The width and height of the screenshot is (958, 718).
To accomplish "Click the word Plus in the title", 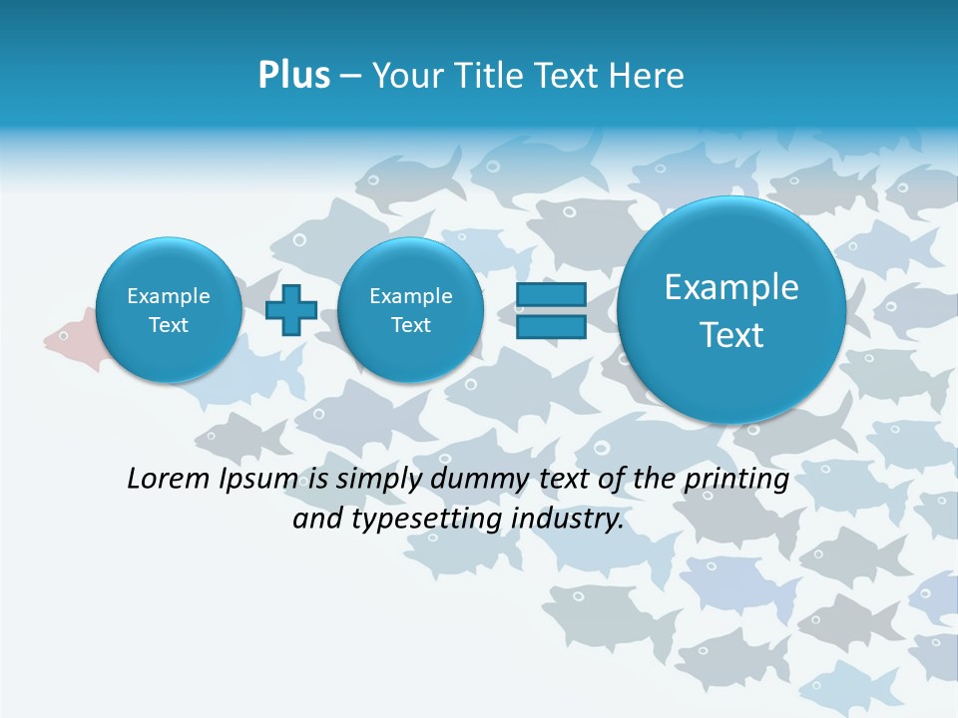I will pyautogui.click(x=293, y=75).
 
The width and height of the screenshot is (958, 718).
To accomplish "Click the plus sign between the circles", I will pyautogui.click(x=291, y=309).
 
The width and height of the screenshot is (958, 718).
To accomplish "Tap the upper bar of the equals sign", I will pyautogui.click(x=551, y=295).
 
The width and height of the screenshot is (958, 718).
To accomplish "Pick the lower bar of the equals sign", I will pyautogui.click(x=551, y=326).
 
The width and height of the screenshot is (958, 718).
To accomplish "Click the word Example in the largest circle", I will pyautogui.click(x=731, y=287).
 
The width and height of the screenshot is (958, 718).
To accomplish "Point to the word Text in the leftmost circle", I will pyautogui.click(x=168, y=325).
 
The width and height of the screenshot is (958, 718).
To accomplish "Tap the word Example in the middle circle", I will pyautogui.click(x=410, y=296).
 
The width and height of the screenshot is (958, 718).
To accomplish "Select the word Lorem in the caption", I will pyautogui.click(x=169, y=479).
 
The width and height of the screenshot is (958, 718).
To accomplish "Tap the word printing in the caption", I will pyautogui.click(x=735, y=480).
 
